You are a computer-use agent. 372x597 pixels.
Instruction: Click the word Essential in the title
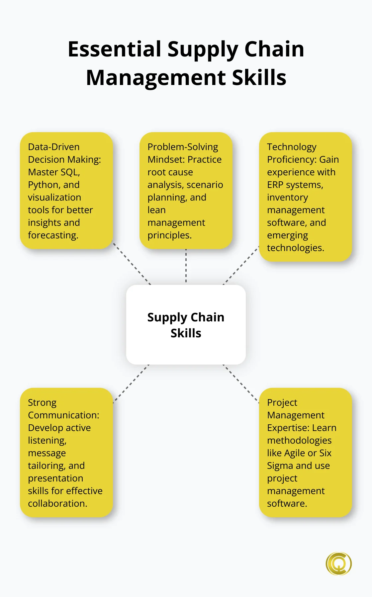click(x=115, y=49)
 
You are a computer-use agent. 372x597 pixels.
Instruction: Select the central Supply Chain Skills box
click(x=186, y=324)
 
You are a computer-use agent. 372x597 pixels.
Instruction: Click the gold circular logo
click(x=338, y=563)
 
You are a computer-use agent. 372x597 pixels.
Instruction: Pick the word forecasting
click(x=53, y=235)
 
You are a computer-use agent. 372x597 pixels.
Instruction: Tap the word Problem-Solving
click(x=183, y=147)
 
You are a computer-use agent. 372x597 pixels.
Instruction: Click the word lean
click(x=156, y=210)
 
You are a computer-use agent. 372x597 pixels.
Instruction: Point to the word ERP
click(x=275, y=185)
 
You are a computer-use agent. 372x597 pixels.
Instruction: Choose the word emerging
click(x=287, y=235)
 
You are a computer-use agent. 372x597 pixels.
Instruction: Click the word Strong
click(x=42, y=402)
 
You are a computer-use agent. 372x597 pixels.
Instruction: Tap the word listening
click(x=47, y=441)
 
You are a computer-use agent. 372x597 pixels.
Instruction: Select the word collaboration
click(x=57, y=504)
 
